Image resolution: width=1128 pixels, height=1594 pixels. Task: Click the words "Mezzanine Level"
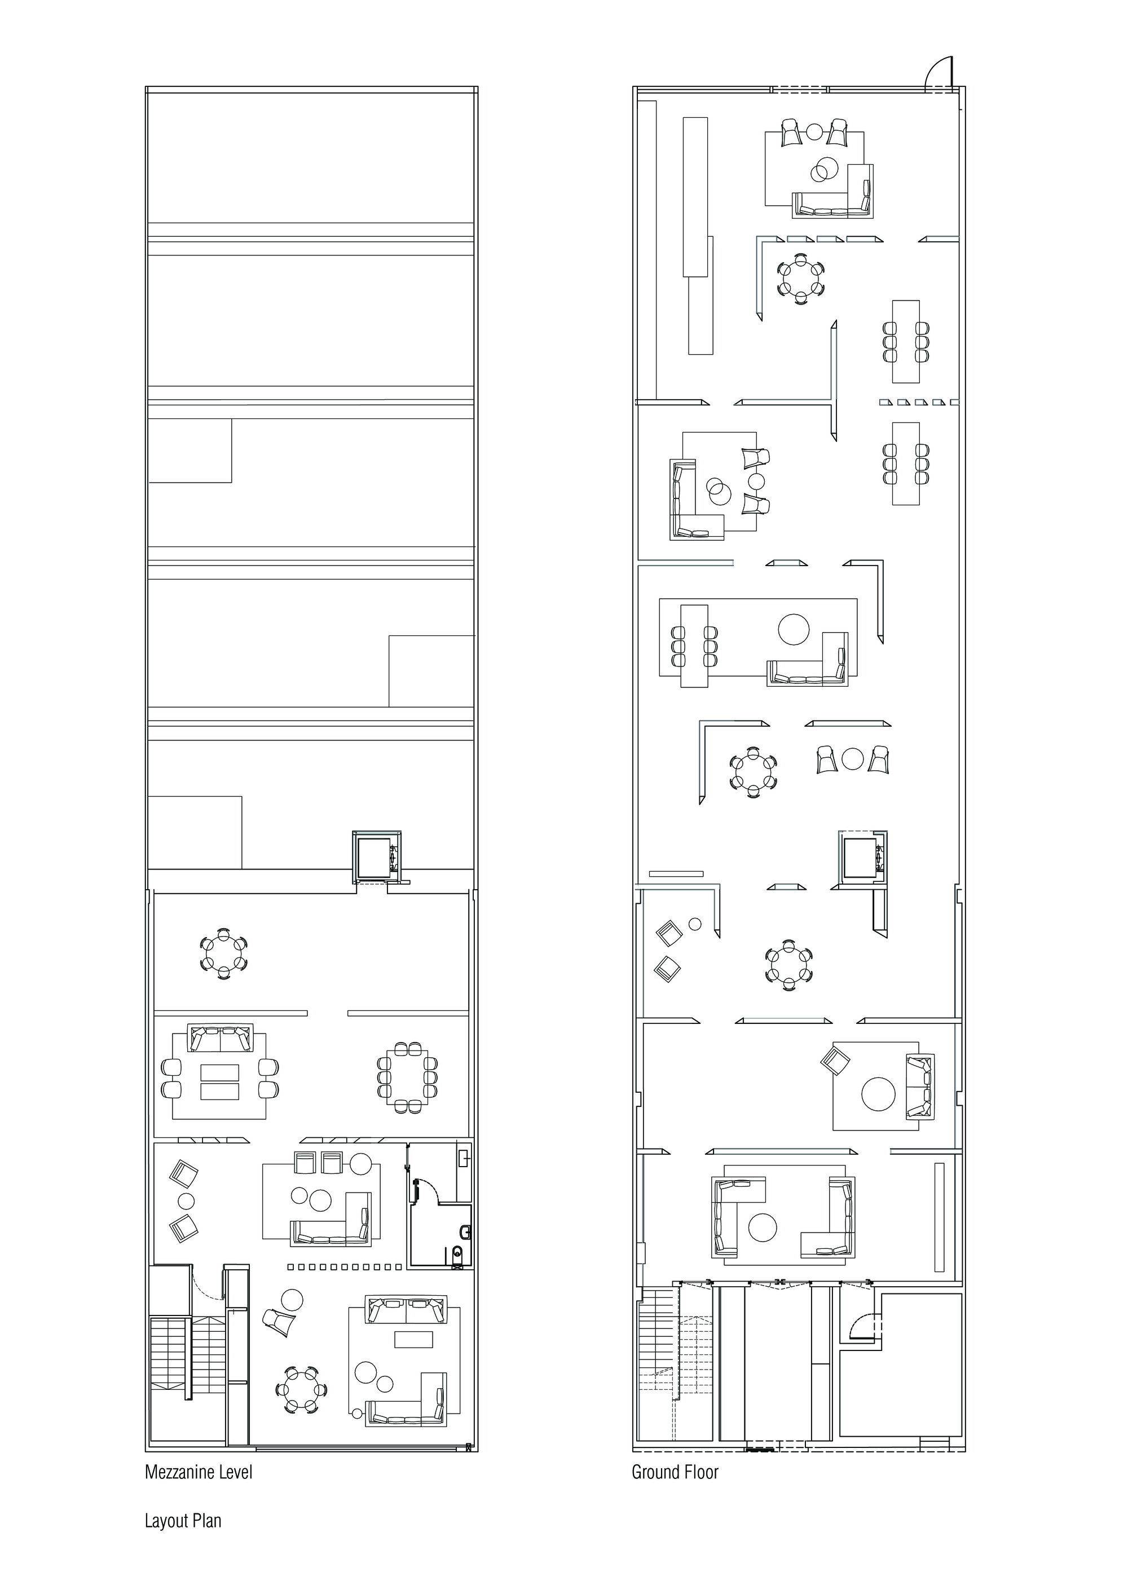pyautogui.click(x=199, y=1473)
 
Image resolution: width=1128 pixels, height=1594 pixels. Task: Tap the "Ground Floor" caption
pyautogui.click(x=675, y=1473)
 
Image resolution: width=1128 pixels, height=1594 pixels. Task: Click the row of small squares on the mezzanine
pyautogui.click(x=344, y=1267)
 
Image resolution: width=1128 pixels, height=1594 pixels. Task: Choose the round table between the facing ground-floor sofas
pyautogui.click(x=762, y=1227)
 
